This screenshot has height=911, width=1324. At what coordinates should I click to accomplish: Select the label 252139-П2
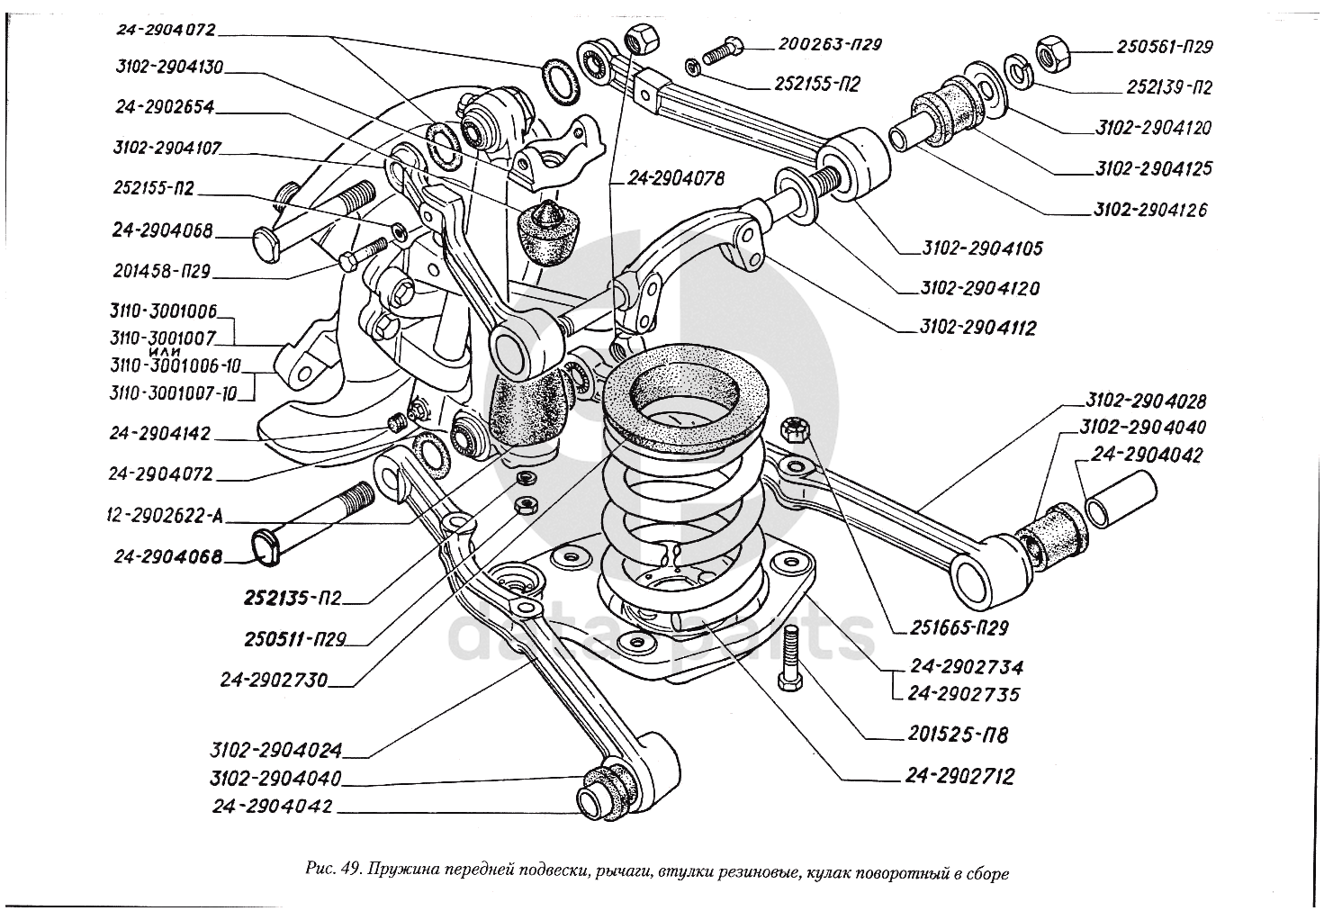1167,87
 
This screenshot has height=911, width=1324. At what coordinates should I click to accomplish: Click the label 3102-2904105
983,248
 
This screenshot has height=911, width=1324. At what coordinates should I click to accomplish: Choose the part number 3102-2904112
977,328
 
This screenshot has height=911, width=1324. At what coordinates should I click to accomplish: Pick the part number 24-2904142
163,434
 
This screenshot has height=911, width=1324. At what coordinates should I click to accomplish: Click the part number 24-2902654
164,106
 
